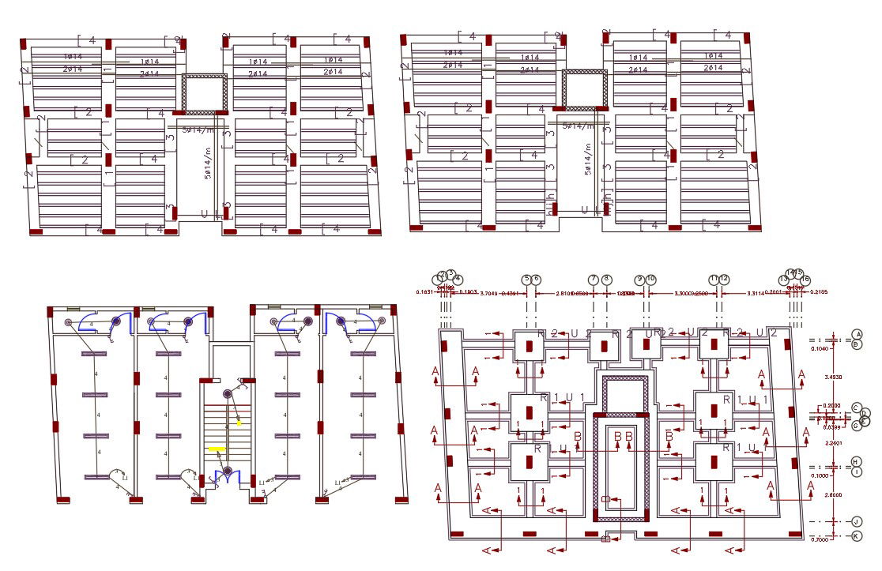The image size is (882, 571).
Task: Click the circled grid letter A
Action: tap(857, 335)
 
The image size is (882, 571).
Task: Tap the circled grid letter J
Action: tap(857, 522)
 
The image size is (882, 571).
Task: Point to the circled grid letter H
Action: tap(857, 461)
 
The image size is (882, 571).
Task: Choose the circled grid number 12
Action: tap(724, 279)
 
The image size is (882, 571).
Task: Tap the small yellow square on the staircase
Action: tap(239, 423)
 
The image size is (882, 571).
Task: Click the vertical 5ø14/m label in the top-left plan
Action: tap(209, 163)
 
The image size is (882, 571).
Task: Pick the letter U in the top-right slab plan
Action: tap(585, 210)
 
